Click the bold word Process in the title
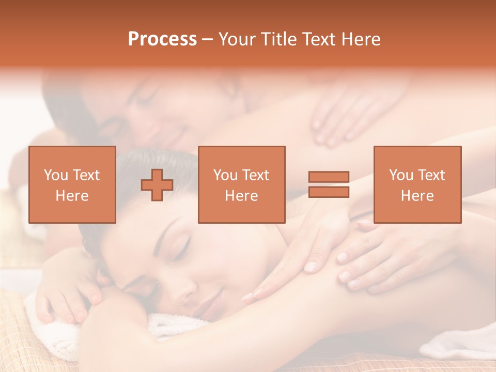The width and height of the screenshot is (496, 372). (x=162, y=39)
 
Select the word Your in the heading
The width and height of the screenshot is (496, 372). (x=238, y=39)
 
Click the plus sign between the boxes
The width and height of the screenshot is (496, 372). (x=157, y=184)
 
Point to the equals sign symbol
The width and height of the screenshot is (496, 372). (x=329, y=184)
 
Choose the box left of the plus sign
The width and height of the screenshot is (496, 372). (x=72, y=184)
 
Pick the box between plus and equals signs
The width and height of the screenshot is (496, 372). (x=241, y=184)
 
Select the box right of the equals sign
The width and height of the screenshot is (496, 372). (x=417, y=184)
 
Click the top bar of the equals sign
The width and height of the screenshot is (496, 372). (x=329, y=177)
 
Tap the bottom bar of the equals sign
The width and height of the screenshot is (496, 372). (x=329, y=192)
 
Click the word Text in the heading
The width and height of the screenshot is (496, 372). (x=316, y=39)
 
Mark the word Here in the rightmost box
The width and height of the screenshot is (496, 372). (x=417, y=196)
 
